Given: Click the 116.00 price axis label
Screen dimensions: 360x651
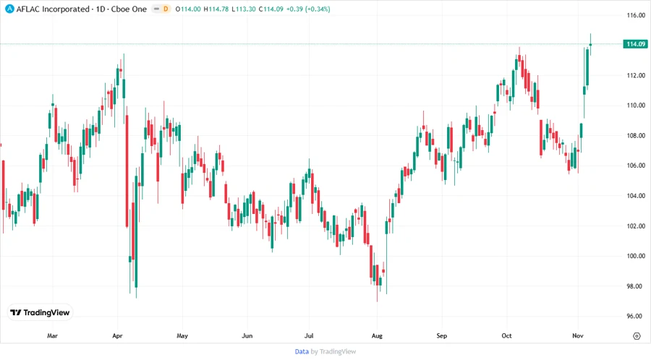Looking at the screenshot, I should (x=636, y=15).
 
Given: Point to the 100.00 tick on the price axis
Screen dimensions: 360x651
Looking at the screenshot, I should (x=636, y=256).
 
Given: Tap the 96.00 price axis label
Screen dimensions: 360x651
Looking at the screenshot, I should (x=636, y=316).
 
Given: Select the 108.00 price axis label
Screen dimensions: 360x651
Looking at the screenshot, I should (x=636, y=136).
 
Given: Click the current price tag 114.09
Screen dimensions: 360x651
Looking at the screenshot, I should (x=636, y=44).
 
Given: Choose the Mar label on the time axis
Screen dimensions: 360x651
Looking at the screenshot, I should (x=52, y=336).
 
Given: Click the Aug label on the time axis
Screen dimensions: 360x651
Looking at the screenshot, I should (x=376, y=336).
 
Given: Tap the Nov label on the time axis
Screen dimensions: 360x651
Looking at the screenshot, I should (x=577, y=336).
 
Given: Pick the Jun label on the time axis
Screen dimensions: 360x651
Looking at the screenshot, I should (x=247, y=336).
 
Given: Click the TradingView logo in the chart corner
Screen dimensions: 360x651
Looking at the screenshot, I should (x=41, y=312).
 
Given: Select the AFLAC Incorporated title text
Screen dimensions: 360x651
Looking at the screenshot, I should (x=58, y=9).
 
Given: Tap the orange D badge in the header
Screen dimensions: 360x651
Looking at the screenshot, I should (x=166, y=9).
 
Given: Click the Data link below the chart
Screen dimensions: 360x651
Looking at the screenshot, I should (x=302, y=351).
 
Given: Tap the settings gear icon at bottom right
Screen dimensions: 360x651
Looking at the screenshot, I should (x=636, y=336).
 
